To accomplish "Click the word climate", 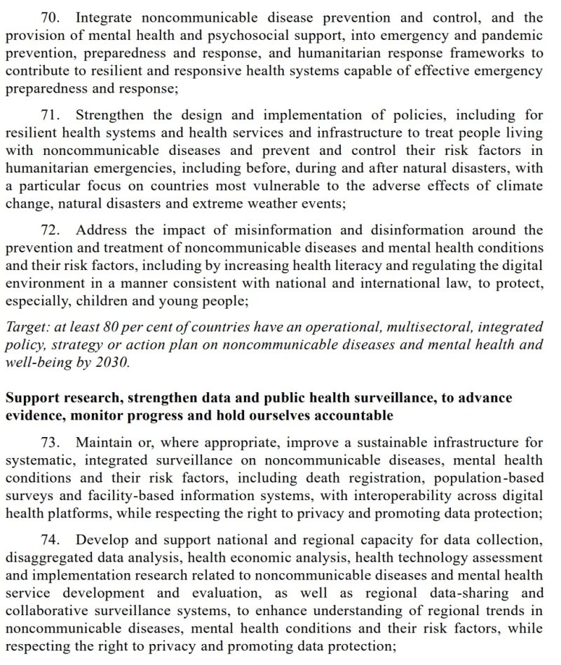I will point(518,186).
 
